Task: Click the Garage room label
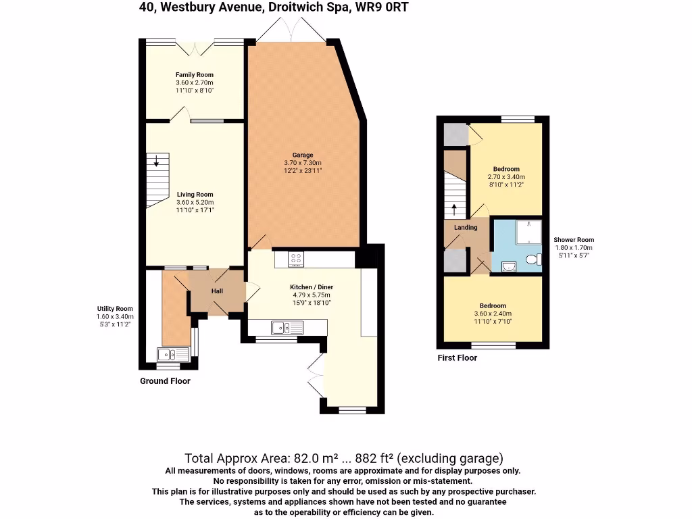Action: [302, 155]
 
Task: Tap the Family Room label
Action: [195, 75]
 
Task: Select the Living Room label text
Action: [195, 195]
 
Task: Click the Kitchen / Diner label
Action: [312, 287]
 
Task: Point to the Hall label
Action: [217, 291]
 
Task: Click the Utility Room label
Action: [114, 308]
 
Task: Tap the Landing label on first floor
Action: [466, 228]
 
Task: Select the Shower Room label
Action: [574, 240]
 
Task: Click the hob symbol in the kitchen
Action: [296, 258]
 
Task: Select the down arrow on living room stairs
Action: [157, 160]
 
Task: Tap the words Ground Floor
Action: [165, 381]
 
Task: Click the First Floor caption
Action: [457, 357]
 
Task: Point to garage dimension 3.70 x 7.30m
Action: [302, 163]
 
